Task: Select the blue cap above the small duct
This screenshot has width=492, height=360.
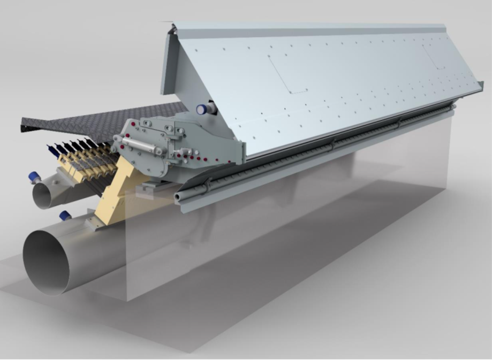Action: tap(35, 177)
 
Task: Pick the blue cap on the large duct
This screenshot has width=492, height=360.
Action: tap(65, 216)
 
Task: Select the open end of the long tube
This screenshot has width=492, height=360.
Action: tap(179, 197)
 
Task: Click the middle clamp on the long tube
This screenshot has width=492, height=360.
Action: tap(332, 144)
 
